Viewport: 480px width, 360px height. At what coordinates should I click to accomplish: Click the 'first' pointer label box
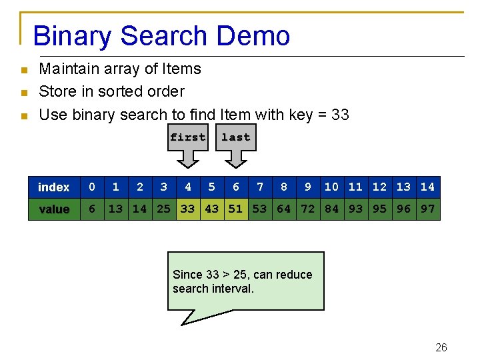click(188, 137)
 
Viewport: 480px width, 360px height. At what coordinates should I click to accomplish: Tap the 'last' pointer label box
click(235, 137)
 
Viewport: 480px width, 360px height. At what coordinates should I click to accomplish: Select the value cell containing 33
click(188, 209)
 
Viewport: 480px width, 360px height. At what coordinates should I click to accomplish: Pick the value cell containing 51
click(235, 209)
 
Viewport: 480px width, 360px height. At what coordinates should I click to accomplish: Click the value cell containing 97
click(428, 209)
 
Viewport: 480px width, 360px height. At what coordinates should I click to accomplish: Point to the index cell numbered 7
click(260, 187)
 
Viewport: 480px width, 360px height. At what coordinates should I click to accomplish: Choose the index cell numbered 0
click(92, 187)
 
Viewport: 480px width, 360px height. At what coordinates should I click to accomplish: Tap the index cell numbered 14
click(428, 187)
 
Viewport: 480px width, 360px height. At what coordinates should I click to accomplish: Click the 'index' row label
click(54, 187)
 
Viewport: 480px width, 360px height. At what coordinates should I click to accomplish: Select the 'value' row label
click(54, 209)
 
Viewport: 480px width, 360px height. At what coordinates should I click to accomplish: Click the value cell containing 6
click(92, 209)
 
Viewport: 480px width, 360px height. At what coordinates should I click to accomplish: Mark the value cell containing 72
click(308, 209)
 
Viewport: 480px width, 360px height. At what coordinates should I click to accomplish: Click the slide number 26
click(441, 347)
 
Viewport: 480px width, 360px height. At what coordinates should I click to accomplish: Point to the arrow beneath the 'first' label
click(188, 159)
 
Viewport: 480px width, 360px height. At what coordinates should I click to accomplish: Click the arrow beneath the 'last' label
click(235, 159)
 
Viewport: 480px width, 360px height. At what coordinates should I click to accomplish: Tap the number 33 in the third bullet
click(340, 115)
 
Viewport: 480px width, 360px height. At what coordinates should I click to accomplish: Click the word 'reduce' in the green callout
click(295, 275)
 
